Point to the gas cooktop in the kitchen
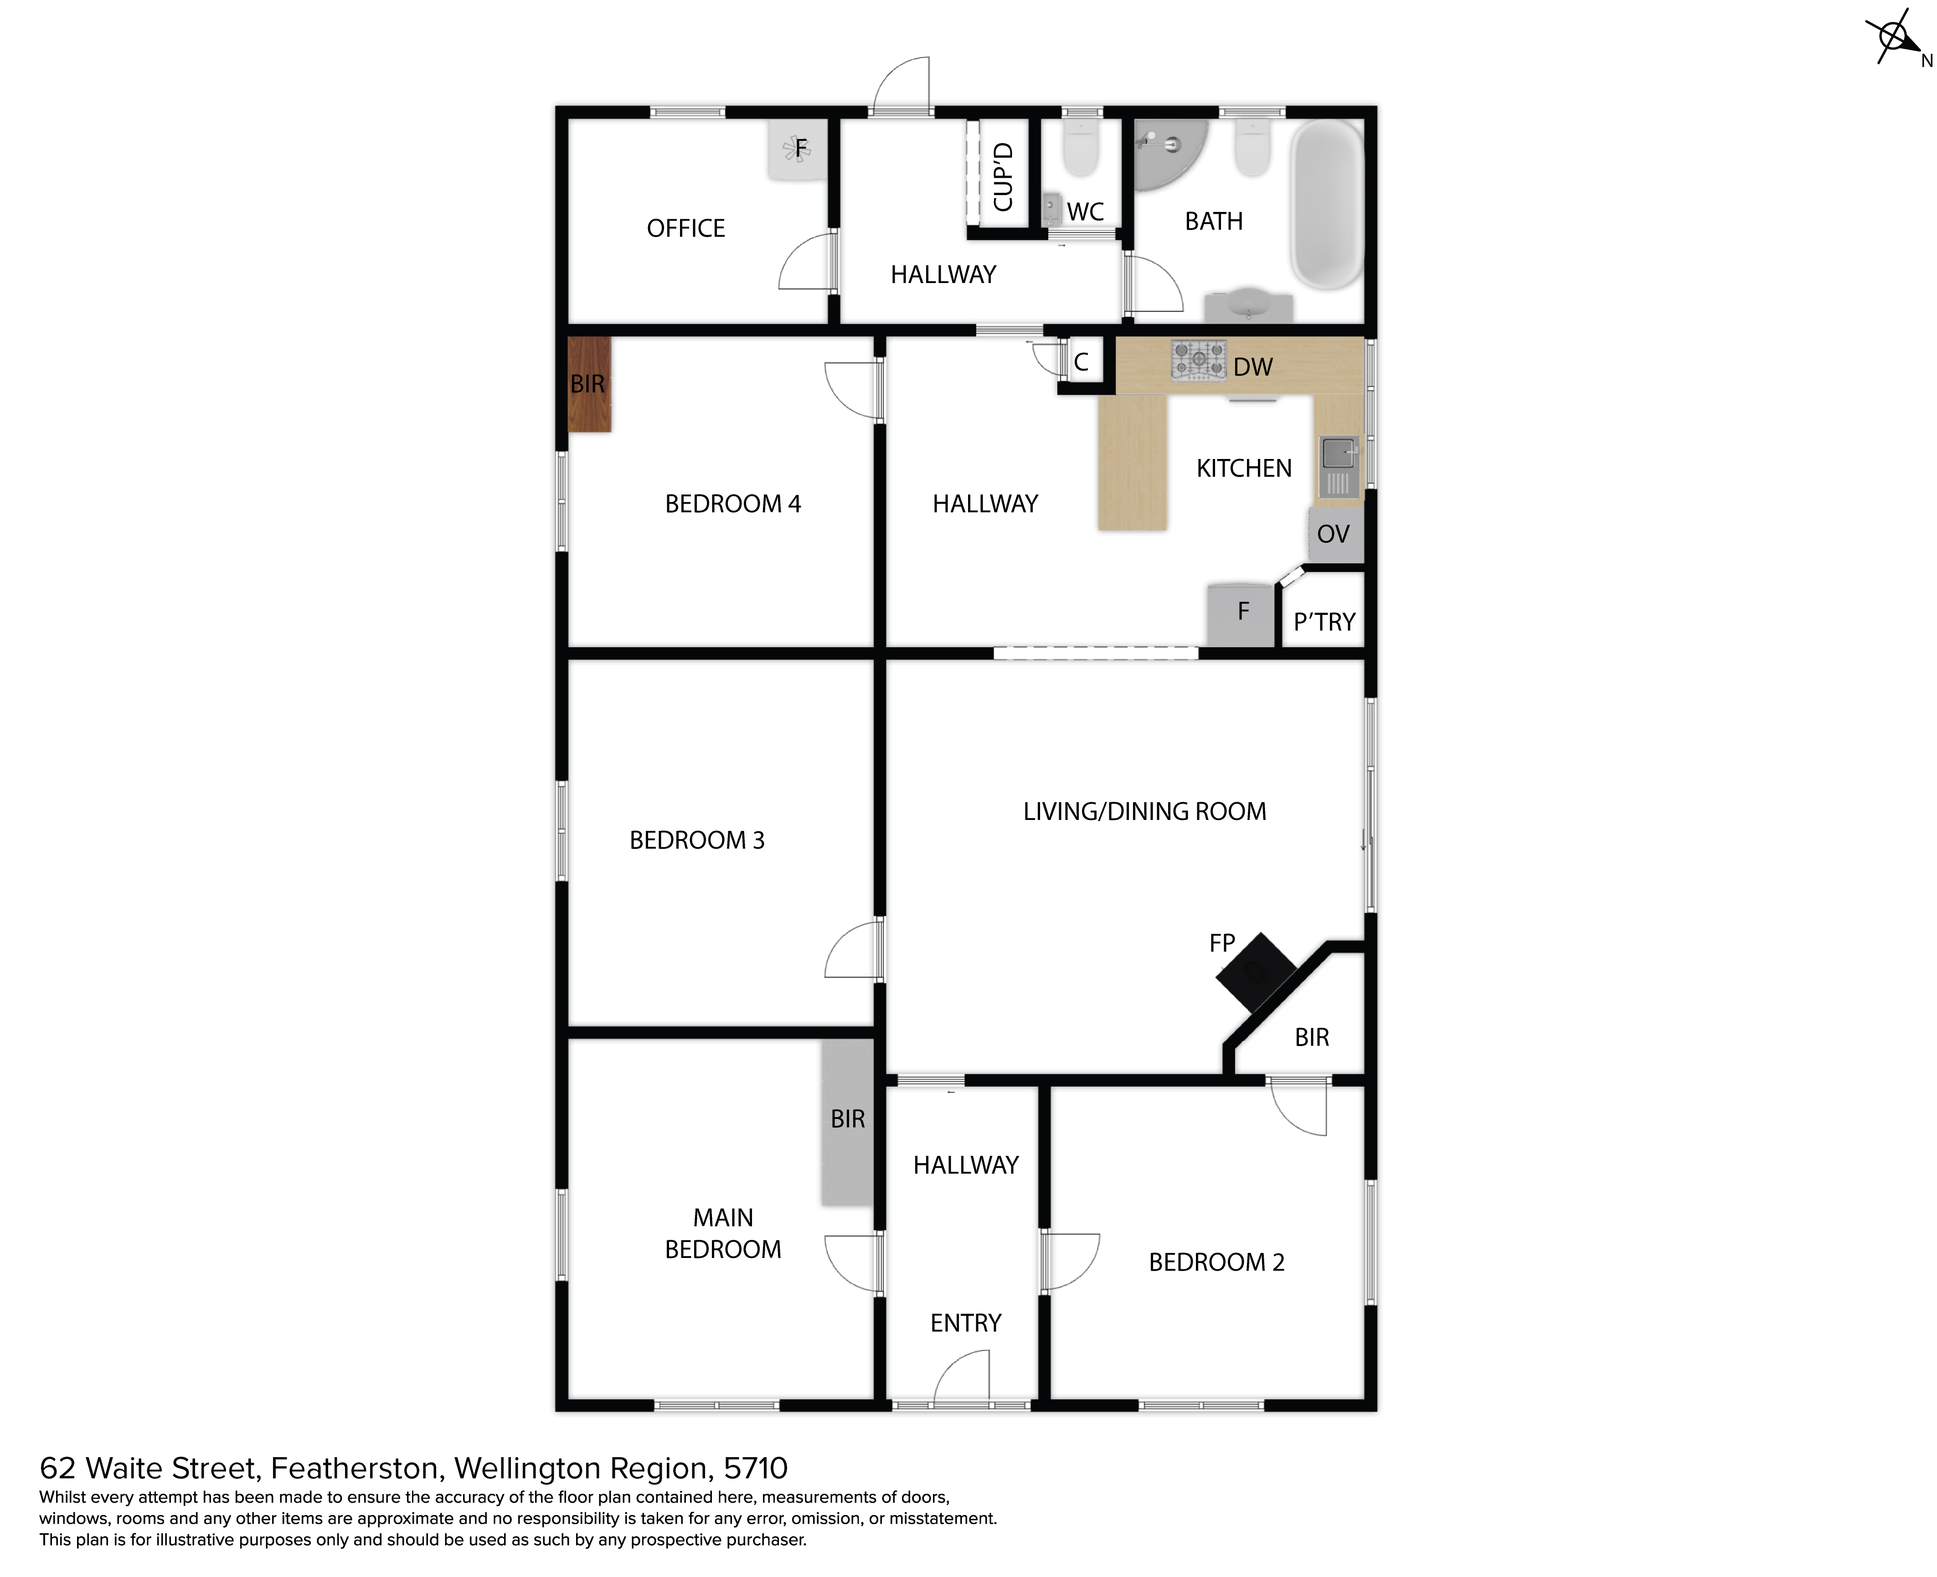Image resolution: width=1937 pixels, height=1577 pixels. pos(1198,360)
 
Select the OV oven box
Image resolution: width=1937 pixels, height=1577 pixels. pos(1334,534)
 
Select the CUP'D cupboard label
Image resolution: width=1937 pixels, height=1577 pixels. pos(1003,176)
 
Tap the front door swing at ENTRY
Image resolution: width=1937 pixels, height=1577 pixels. pos(961,1376)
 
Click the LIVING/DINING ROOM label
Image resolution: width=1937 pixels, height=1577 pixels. pos(1144,811)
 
